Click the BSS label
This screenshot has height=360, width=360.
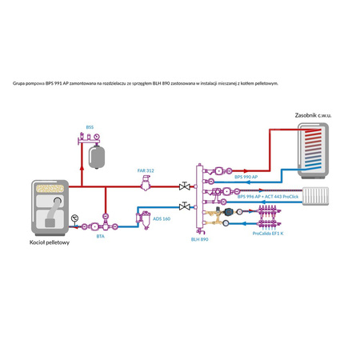(x=90, y=127)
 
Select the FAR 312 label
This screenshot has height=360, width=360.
(x=146, y=170)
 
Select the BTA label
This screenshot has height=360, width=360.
(x=100, y=236)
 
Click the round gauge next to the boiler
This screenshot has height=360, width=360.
(x=75, y=217)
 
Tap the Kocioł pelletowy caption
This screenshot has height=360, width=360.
(x=49, y=242)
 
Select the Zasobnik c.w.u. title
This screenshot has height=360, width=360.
(x=313, y=114)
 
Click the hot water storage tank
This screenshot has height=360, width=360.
(x=313, y=149)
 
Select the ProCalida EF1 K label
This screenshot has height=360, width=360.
(x=269, y=233)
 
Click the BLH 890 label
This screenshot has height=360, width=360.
(x=200, y=238)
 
